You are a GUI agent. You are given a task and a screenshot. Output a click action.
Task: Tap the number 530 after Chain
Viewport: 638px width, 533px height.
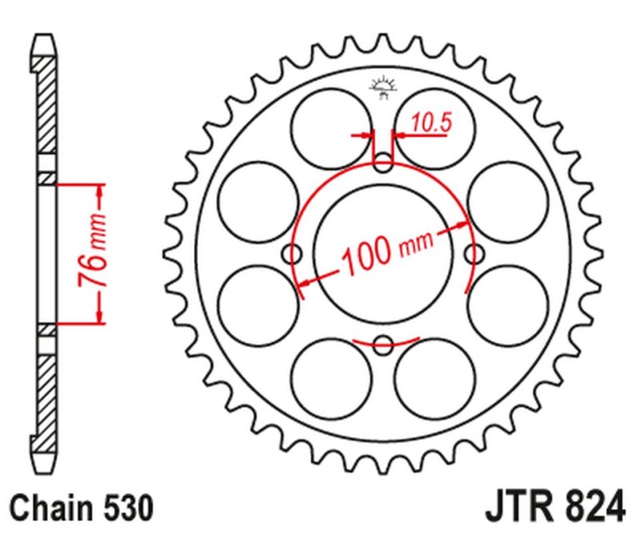tap(126, 508)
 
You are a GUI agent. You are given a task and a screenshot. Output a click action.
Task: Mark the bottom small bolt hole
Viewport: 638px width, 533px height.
tap(384, 345)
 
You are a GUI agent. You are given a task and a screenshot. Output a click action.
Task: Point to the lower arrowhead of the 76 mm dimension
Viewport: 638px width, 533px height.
tap(100, 318)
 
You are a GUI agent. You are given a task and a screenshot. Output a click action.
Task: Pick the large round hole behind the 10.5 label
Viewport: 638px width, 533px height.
tap(435, 127)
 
